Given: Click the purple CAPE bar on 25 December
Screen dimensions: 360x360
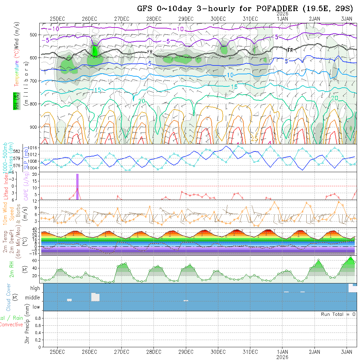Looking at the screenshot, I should [x=78, y=187].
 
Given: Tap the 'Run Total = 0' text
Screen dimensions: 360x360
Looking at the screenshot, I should [x=338, y=314].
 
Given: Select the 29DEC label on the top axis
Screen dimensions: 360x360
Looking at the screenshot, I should [x=186, y=19].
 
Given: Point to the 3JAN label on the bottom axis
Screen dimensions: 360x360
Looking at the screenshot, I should [x=347, y=352].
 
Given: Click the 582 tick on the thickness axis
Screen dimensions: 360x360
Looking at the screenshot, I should [x=19, y=151].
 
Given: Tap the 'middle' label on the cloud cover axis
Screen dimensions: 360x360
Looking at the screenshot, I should [x=33, y=298].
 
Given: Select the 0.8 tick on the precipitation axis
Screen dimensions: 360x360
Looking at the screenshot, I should [x=37, y=318].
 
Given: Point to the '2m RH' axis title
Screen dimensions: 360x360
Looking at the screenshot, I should [x=11, y=269].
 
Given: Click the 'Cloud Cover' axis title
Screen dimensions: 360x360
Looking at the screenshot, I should [x=9, y=297].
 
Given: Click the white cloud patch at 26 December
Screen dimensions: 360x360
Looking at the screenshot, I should [x=95, y=297].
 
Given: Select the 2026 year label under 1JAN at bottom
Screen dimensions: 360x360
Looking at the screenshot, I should [x=282, y=357].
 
